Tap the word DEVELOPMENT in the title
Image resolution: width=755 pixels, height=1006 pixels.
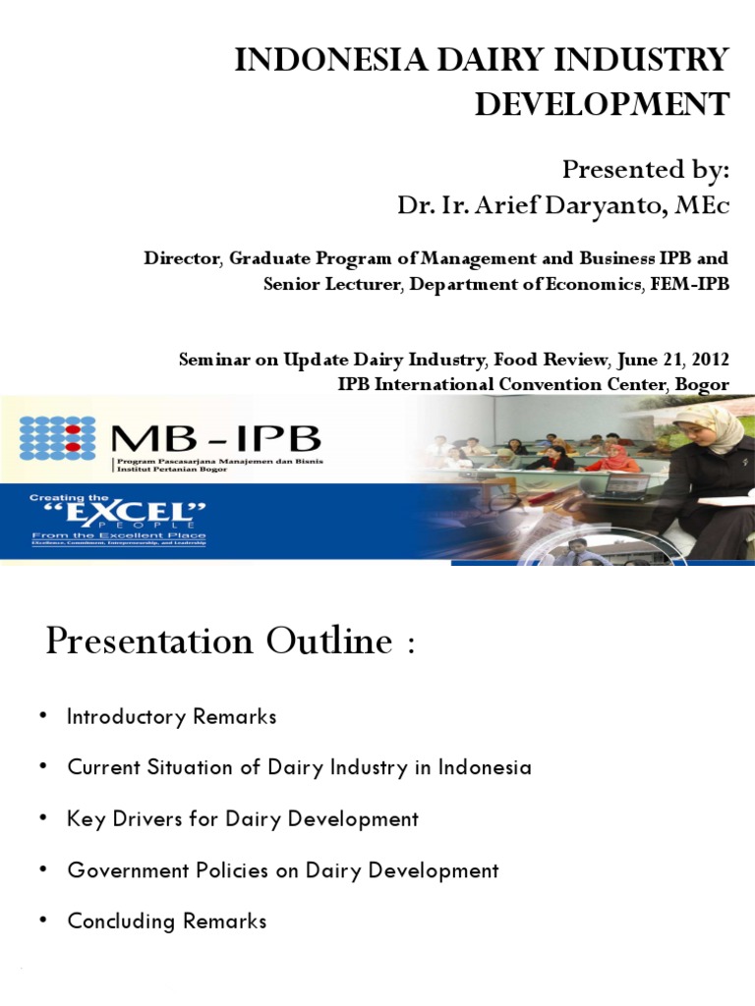[602, 103]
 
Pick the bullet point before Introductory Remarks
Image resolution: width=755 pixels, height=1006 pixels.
[43, 716]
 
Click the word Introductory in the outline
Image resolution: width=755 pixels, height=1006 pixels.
[125, 716]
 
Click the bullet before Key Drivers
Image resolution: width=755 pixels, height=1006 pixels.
[43, 818]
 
